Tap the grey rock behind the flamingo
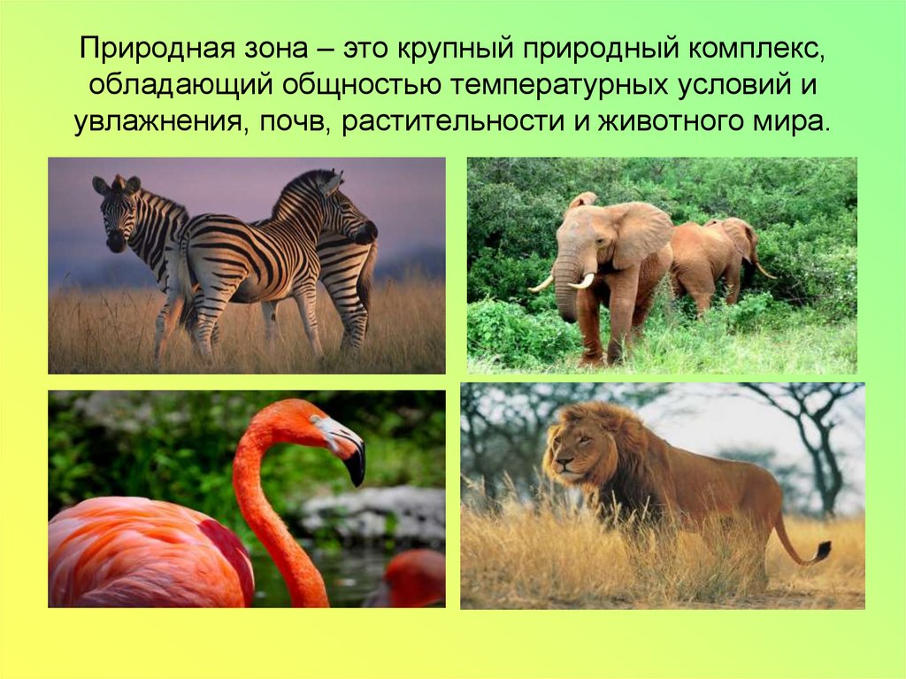(372, 513)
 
